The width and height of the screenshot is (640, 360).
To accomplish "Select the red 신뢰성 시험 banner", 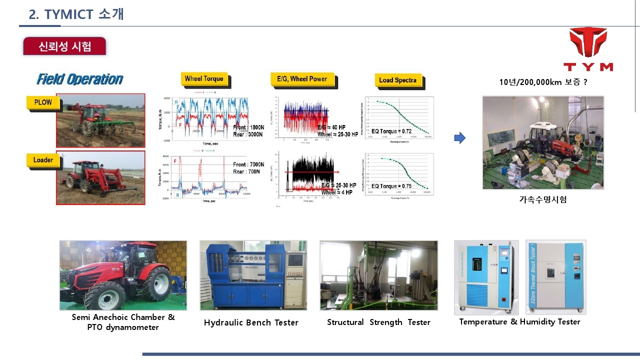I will (64, 46).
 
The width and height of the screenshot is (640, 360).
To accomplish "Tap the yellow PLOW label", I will (43, 102).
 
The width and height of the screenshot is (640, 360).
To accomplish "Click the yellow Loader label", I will (43, 160).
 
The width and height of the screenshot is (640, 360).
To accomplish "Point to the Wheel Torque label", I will (203, 79).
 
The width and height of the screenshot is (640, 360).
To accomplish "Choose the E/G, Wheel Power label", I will (302, 79).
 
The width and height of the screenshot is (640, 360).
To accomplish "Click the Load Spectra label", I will (397, 80).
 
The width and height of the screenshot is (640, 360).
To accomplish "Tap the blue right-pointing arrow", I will (459, 138).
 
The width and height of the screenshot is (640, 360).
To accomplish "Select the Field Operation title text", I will (79, 79).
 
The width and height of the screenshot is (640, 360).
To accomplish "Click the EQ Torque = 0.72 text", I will (391, 131).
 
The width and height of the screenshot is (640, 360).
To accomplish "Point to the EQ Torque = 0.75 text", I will (391, 186).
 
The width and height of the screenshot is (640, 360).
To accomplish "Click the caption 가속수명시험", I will (543, 199).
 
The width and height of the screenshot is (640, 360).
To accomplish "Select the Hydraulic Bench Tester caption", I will (251, 323).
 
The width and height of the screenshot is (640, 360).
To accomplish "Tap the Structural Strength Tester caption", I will (378, 322).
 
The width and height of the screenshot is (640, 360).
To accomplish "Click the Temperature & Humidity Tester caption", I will (519, 322).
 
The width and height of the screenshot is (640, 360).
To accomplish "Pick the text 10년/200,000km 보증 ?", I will (543, 82).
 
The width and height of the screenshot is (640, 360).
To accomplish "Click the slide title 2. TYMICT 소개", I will (76, 14).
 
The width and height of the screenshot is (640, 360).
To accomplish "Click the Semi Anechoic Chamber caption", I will (123, 317).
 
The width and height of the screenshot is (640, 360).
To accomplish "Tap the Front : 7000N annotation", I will (248, 164).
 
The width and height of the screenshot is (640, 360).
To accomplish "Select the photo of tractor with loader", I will (100, 177).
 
